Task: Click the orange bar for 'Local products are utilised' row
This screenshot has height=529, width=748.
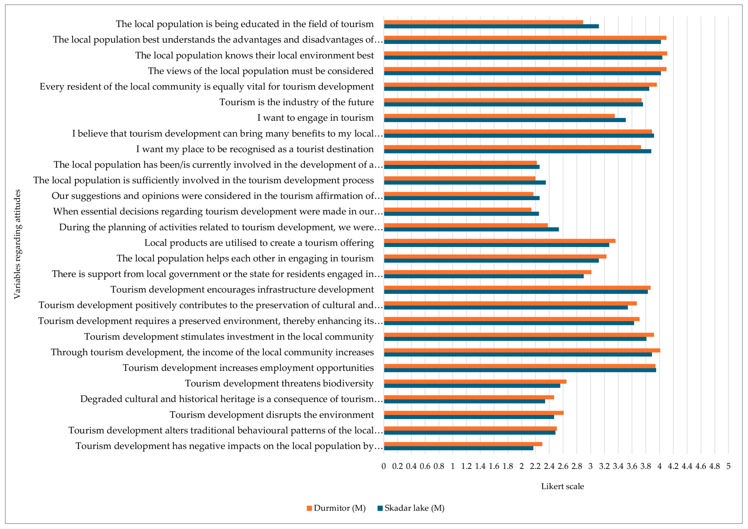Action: [x=499, y=241]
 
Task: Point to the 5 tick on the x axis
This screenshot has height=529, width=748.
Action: [x=728, y=466]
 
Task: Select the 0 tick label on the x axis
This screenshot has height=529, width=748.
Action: [x=384, y=466]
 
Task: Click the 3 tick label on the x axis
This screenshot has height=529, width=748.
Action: [x=590, y=466]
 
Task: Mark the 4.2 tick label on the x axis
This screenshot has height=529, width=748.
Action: [x=673, y=466]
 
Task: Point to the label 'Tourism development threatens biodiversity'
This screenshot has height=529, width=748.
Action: [x=279, y=383]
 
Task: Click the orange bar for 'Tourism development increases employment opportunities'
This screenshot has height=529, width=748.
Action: [x=519, y=366]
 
